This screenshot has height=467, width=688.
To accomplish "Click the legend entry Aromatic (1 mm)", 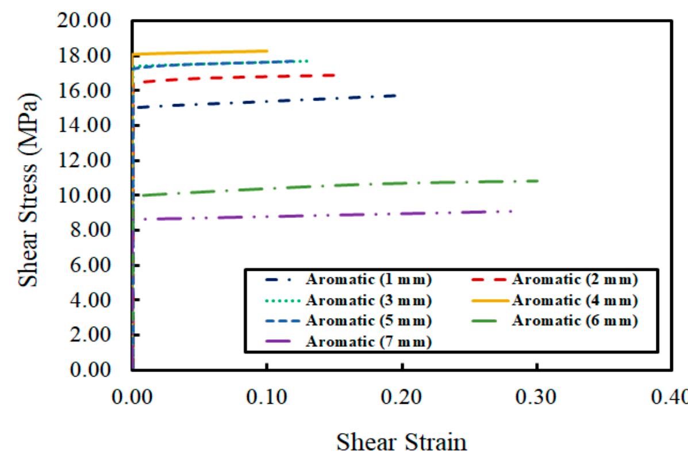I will point(368,280).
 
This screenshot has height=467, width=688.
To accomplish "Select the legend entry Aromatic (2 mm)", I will point(574,280).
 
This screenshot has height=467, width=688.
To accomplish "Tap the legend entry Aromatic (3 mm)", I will point(368,300).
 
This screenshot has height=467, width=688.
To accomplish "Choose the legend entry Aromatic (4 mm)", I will point(574,300).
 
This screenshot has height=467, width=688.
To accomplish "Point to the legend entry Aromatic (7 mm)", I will point(368,342).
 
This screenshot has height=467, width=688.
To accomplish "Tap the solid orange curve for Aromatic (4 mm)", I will point(201,52).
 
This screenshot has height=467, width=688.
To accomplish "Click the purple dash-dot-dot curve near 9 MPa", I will point(345,215).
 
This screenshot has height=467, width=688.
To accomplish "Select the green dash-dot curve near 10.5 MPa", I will point(345,185).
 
